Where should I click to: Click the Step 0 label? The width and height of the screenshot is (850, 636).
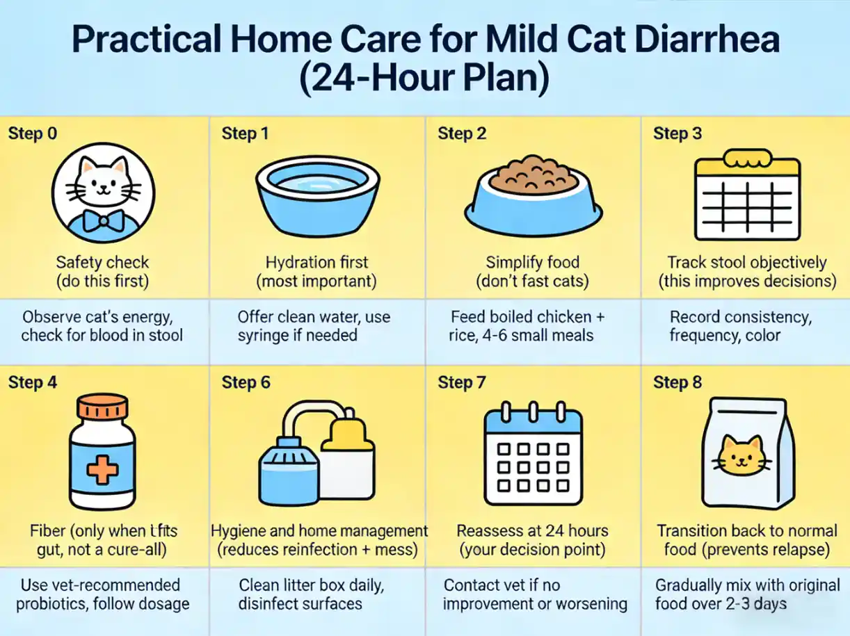coord(33,133)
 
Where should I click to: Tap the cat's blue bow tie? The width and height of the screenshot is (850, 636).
coord(102,221)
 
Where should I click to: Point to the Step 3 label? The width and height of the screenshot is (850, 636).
coord(677,133)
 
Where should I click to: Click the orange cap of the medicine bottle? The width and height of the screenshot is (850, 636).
coord(102,409)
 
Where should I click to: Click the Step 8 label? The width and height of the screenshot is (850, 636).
coord(677,382)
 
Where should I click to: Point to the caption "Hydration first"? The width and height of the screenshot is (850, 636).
coord(317,262)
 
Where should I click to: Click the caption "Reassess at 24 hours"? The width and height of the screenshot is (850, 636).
coord(532,531)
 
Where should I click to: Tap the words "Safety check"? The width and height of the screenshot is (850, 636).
coord(102,262)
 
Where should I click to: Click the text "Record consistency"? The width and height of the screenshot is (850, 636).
coord(740,317)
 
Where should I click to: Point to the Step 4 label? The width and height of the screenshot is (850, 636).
coord(33,382)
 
